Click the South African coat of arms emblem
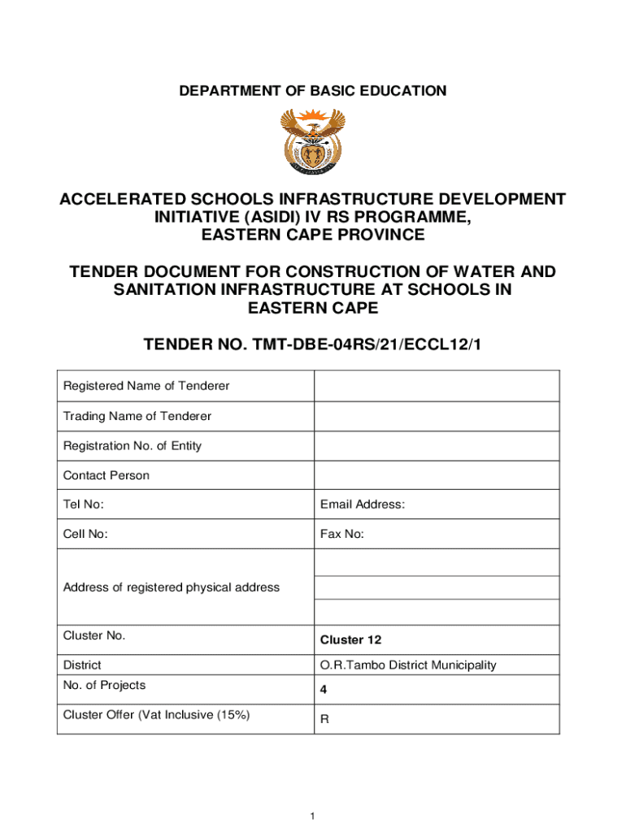(x=312, y=143)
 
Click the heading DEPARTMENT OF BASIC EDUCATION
(x=313, y=91)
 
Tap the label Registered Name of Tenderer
(x=146, y=386)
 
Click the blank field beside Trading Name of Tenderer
(x=437, y=416)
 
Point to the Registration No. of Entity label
(x=133, y=445)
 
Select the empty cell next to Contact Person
(x=437, y=475)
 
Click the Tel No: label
(x=84, y=505)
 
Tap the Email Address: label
(x=363, y=505)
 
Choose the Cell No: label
(x=85, y=534)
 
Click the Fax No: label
(x=342, y=534)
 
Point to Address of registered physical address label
(x=171, y=587)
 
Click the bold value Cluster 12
(x=352, y=639)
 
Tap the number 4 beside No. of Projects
(x=324, y=692)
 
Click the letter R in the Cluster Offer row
(x=324, y=720)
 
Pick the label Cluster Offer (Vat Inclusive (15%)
(x=156, y=715)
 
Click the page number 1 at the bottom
(x=313, y=816)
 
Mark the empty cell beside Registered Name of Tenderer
(x=437, y=386)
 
